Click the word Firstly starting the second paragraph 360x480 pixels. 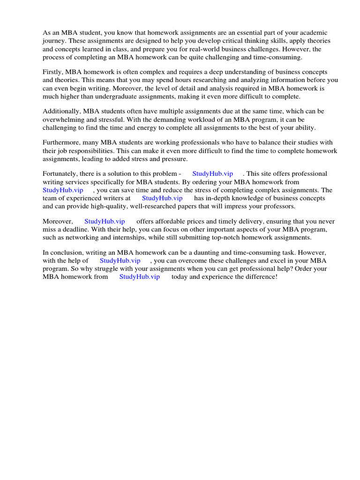pyautogui.click(x=52, y=72)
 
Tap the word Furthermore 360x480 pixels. pyautogui.click(x=60, y=142)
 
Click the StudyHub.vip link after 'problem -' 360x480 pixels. pyautogui.click(x=212, y=173)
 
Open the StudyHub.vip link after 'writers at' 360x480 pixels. pyautogui.click(x=162, y=198)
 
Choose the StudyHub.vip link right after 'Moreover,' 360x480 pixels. pyautogui.click(x=105, y=221)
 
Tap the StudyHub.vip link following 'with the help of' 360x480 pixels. pyautogui.click(x=120, y=260)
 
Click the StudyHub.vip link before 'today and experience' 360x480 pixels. pyautogui.click(x=140, y=277)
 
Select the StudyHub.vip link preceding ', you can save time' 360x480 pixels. pyautogui.click(x=63, y=190)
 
